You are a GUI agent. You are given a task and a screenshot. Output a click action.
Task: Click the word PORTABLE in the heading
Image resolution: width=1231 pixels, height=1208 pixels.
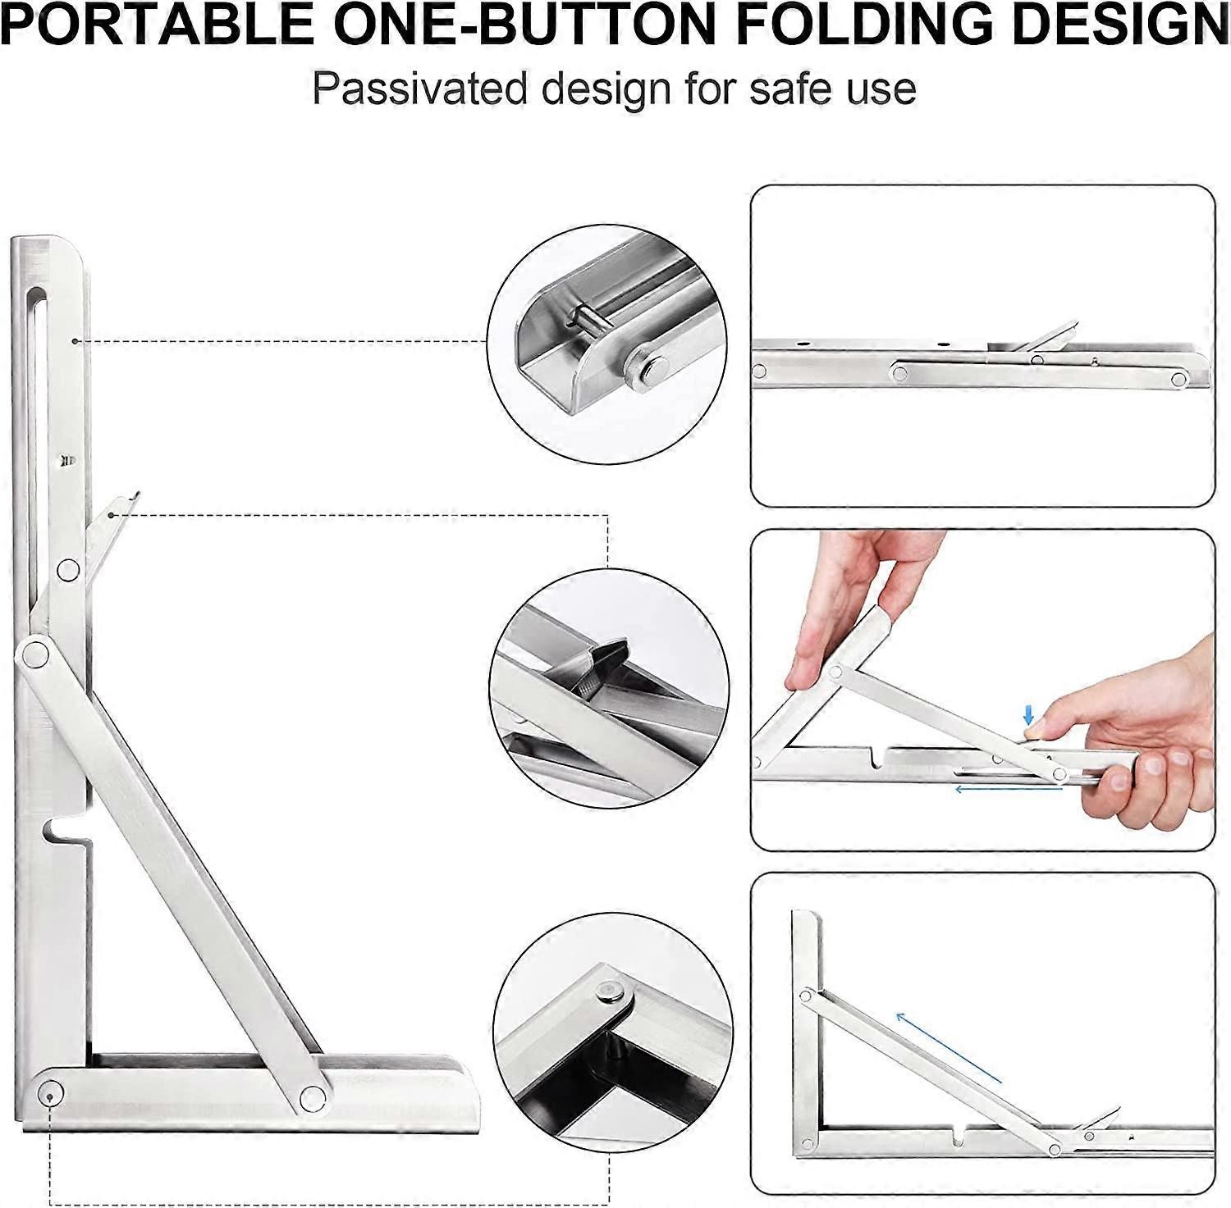157,25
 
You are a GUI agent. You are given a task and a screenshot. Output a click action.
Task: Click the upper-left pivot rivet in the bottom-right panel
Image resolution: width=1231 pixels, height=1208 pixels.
807,996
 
